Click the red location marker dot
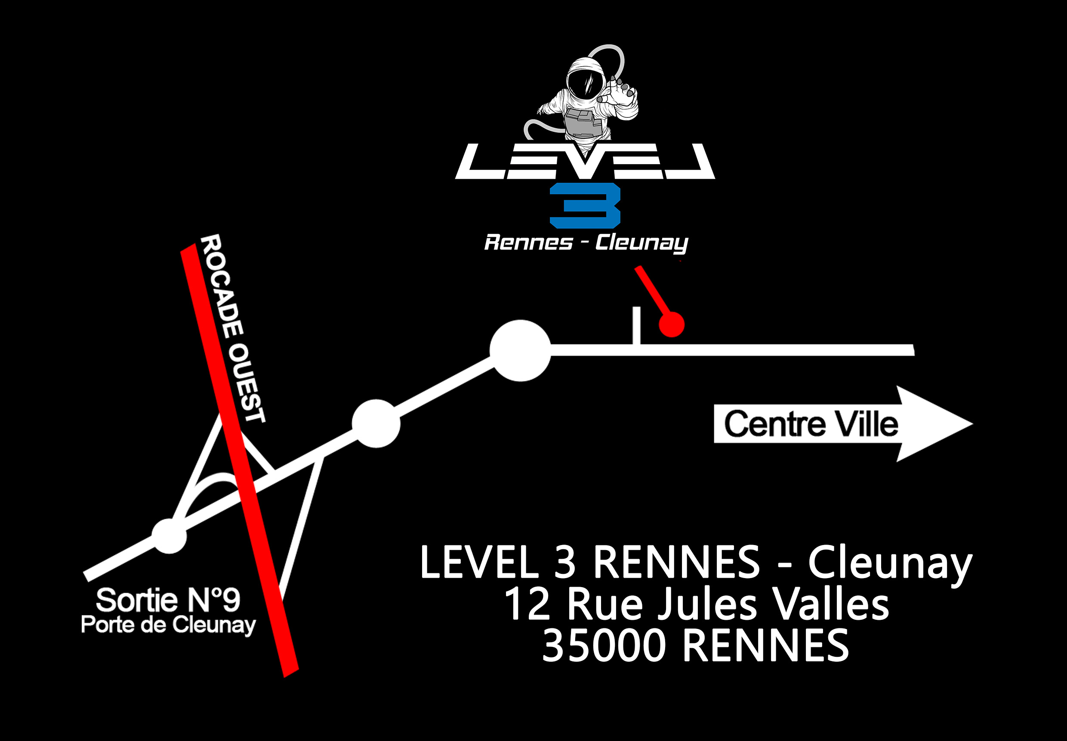point(672,324)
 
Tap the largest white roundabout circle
point(520,351)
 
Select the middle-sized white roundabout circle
point(376,423)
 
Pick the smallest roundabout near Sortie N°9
point(170,536)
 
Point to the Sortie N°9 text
point(168,600)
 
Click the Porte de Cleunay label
point(168,625)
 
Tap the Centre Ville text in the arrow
point(811,424)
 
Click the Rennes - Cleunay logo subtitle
point(586,243)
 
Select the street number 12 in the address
point(527,604)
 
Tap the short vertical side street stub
point(637,325)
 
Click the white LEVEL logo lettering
point(585,162)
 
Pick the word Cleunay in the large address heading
point(889,563)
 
